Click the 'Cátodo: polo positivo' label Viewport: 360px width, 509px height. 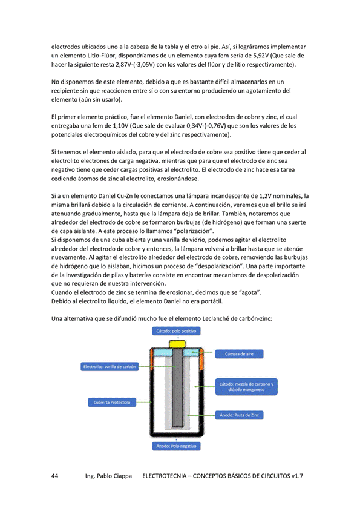pos(177,332)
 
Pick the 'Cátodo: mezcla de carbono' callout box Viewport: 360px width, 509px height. pos(246,386)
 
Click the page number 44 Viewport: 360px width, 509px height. pos(54,476)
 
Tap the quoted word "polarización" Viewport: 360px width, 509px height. pos(194,231)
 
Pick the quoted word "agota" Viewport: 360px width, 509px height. pos(247,292)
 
